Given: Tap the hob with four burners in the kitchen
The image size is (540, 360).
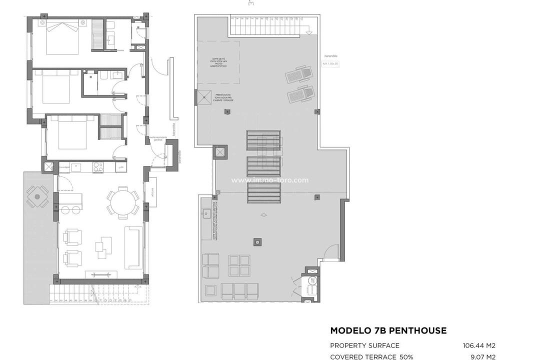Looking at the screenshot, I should (x=97, y=167).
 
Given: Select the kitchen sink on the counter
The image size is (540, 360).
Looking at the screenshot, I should (x=76, y=167).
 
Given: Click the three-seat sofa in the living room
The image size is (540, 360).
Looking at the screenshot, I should (x=134, y=247).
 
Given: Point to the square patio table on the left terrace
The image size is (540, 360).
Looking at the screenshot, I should (x=37, y=196).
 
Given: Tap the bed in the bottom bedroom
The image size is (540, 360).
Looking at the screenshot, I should (x=72, y=132).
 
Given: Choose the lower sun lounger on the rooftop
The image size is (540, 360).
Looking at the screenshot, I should (x=300, y=93).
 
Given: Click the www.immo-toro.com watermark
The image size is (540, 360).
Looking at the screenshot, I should (x=270, y=180).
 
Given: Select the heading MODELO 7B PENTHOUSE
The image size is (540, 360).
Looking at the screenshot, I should (x=388, y=330).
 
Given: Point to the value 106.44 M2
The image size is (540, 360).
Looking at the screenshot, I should (x=479, y=345).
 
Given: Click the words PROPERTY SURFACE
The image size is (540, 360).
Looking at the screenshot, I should (x=364, y=345).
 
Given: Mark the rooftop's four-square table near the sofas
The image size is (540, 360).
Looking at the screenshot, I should (x=239, y=265).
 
